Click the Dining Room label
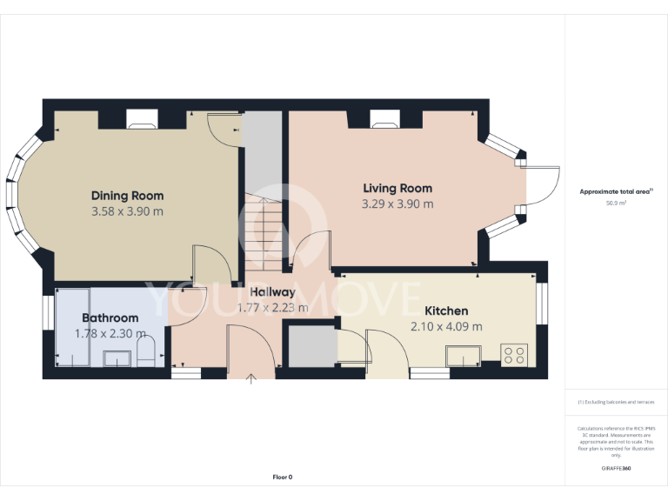coord(127,196)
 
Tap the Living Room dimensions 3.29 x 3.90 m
coord(397,204)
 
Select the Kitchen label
coord(445,311)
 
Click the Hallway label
coord(272,292)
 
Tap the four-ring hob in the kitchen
coord(514,354)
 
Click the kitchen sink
coord(464,356)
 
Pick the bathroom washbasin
coord(117,357)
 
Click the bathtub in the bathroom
coord(72,328)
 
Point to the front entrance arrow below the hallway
coord(252,377)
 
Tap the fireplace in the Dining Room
coord(141,120)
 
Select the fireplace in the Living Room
coord(384,120)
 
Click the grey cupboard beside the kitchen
coord(311,345)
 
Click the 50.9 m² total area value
coord(616,202)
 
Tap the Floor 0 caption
coord(283,477)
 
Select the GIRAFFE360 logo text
coord(616,469)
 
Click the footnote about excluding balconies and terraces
coord(616,403)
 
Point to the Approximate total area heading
coord(616,190)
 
